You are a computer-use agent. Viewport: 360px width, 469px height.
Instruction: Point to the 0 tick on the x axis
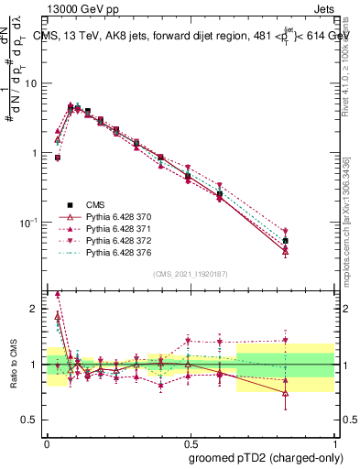[46, 441]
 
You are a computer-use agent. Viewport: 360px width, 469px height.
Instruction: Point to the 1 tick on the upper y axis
[34, 153]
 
